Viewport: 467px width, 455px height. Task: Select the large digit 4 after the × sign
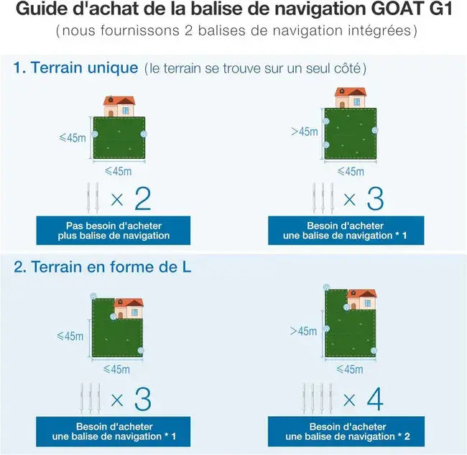pos(374,399)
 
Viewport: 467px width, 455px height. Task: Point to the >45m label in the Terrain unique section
pos(303,132)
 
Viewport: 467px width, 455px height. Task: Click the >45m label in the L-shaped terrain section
pos(303,331)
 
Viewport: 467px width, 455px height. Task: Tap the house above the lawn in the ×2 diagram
pos(120,106)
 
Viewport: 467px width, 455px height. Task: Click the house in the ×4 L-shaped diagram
pos(361,299)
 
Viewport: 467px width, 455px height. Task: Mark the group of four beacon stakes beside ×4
pos(317,398)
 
